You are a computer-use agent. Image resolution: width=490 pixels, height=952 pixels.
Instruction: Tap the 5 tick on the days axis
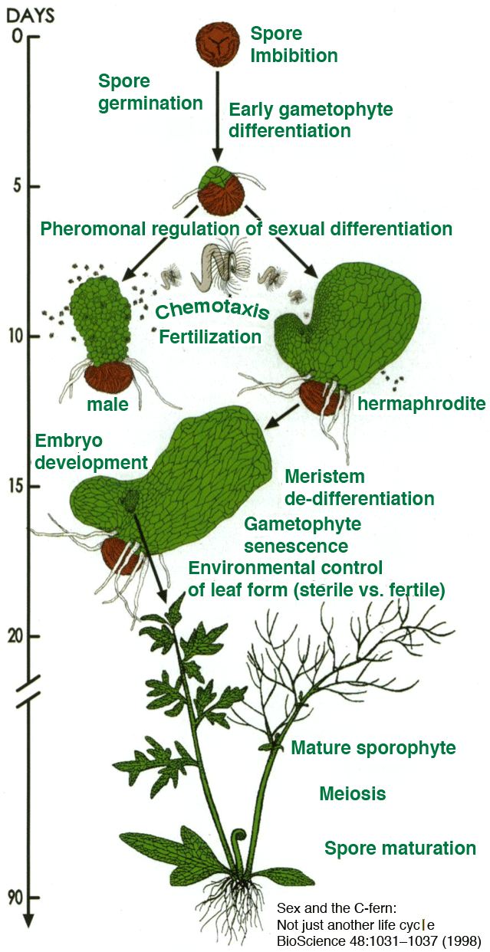[x=31, y=186]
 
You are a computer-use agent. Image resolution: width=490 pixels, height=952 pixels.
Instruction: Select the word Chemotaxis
[x=212, y=310]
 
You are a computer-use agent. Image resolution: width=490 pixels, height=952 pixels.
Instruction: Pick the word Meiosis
[x=352, y=794]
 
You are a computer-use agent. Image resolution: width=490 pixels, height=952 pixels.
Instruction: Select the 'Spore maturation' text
[x=400, y=849]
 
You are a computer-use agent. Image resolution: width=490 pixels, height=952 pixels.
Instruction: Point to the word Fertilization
[x=210, y=336]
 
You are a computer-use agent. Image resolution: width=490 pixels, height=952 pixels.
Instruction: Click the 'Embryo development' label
[x=90, y=451]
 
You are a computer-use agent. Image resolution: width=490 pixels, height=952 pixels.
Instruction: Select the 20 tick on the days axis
[x=31, y=635]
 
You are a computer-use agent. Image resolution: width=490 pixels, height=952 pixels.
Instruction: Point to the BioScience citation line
[x=378, y=940]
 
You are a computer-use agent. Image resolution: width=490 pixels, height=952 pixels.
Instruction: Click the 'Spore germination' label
[x=150, y=92]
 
